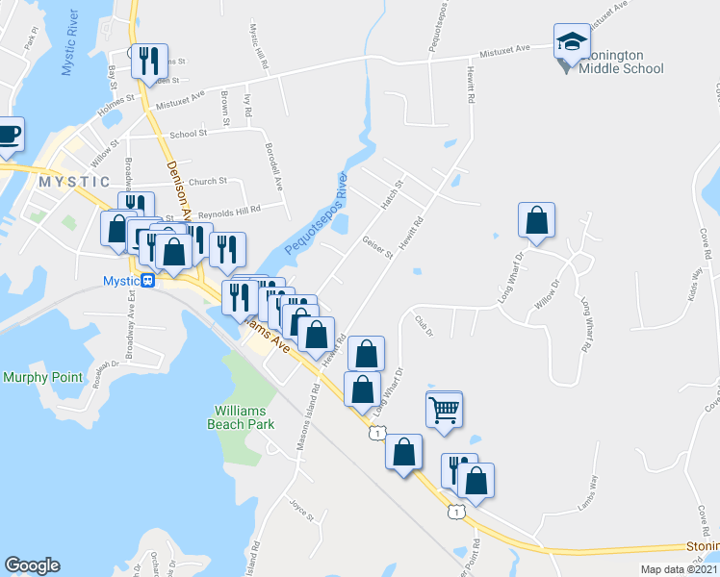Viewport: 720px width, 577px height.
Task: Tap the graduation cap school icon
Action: (572, 42)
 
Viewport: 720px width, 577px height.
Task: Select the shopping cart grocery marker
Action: (444, 410)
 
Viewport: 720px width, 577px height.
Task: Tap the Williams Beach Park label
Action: (244, 417)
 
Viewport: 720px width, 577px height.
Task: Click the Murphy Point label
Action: (42, 377)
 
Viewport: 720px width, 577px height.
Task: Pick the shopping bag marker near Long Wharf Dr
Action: (537, 220)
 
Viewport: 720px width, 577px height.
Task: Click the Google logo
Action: (32, 565)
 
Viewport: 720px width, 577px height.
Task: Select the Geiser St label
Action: (377, 247)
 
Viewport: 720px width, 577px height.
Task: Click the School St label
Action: (188, 135)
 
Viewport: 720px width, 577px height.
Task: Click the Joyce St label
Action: (301, 509)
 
